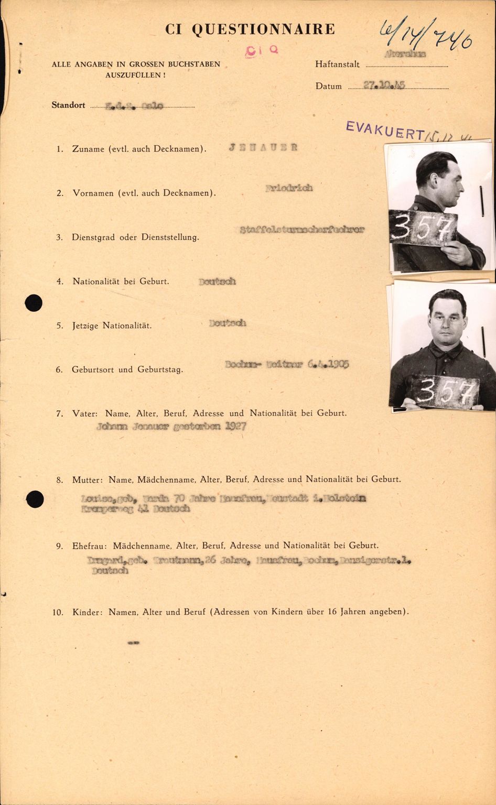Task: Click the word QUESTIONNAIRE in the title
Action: tap(263, 29)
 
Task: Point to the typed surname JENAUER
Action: tap(263, 147)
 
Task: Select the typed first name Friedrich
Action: tap(289, 188)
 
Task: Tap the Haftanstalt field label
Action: tap(337, 64)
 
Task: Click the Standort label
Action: tap(68, 105)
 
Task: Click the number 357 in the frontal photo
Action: tap(445, 391)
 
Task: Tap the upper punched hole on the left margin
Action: tap(34, 303)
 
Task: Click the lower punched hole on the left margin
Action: tap(35, 499)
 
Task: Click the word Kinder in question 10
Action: tap(85, 612)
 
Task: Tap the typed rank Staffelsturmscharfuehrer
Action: tap(301, 230)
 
